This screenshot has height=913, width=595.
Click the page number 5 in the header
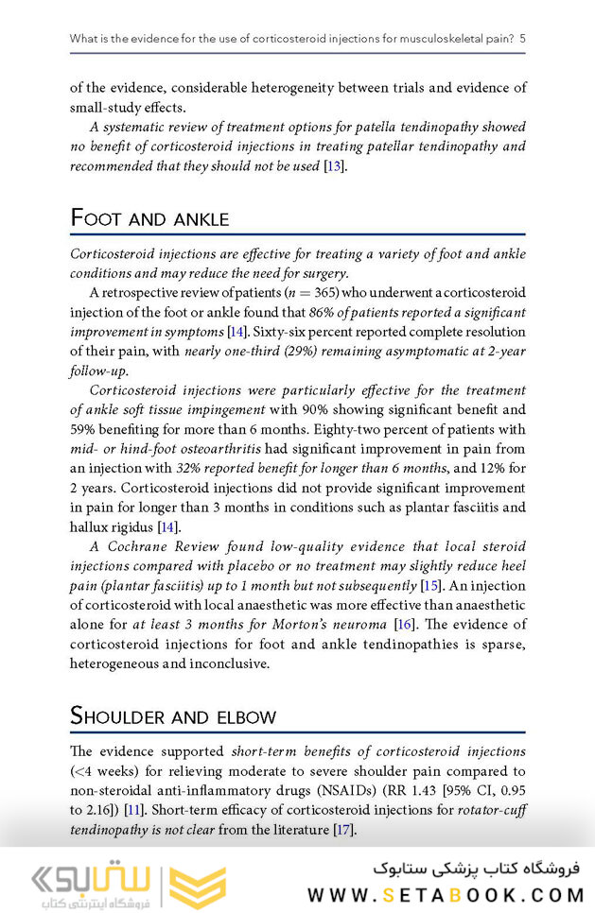click(x=522, y=39)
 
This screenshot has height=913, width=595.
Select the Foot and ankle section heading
click(x=149, y=218)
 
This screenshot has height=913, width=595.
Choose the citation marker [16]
click(x=404, y=625)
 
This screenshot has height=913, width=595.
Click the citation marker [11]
click(x=134, y=810)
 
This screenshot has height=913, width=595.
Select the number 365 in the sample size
click(x=327, y=293)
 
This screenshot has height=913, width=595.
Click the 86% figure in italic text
click(x=324, y=312)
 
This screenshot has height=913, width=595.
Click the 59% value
click(x=85, y=430)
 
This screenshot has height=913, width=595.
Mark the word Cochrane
click(x=151, y=547)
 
